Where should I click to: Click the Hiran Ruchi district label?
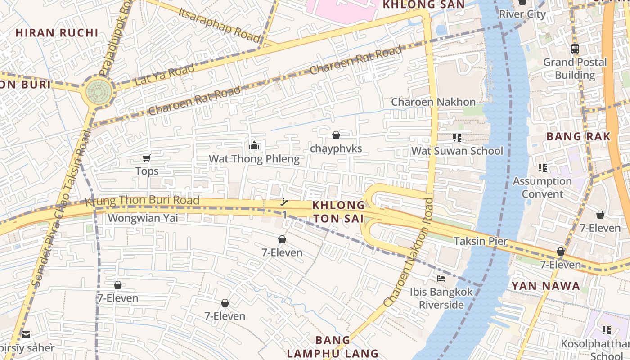[x=57, y=33]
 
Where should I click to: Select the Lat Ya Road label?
[x=165, y=75]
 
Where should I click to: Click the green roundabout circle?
[x=99, y=91]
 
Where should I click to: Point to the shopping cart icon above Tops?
[x=146, y=158]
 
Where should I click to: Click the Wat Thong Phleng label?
[x=254, y=159]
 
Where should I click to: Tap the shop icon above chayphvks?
[x=336, y=135]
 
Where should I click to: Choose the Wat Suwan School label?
[x=457, y=151]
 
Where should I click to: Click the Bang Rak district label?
[x=578, y=137]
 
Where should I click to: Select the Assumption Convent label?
[x=542, y=188]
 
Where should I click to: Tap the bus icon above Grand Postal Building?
[x=575, y=49]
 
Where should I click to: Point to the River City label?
[x=522, y=14]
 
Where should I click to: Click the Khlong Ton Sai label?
[x=338, y=212]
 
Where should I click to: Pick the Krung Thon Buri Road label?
[x=142, y=201]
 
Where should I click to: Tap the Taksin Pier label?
[x=481, y=241]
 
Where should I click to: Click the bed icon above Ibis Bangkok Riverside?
[x=441, y=279]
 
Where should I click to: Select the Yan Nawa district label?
[x=545, y=286]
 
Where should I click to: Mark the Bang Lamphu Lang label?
[x=333, y=346]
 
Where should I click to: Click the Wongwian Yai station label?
[x=143, y=218]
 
